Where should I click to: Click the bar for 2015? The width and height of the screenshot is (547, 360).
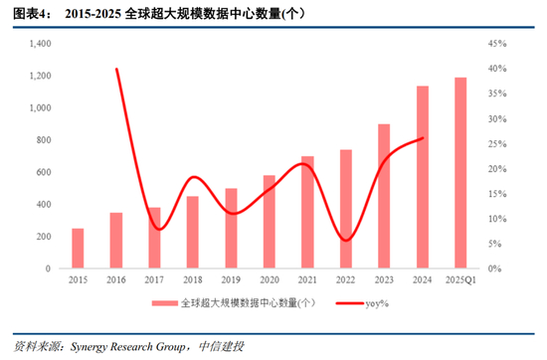[78, 249]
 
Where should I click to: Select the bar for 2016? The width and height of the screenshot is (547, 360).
[116, 241]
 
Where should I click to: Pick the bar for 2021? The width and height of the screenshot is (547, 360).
[307, 213]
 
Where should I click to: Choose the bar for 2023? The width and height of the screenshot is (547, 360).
[384, 197]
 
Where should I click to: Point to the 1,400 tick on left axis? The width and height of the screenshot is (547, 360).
[40, 44]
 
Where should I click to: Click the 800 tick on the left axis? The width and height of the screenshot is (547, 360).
[44, 140]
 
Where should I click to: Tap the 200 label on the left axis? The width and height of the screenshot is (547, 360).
[44, 237]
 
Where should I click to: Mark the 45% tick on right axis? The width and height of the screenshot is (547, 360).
[498, 44]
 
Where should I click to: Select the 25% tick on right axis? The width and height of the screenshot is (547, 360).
[498, 144]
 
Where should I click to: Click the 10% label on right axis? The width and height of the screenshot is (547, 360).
[498, 219]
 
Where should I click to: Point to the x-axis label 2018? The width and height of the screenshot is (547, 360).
[193, 280]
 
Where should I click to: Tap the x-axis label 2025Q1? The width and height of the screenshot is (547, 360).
[460, 280]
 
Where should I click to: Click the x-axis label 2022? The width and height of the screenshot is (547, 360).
[346, 280]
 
